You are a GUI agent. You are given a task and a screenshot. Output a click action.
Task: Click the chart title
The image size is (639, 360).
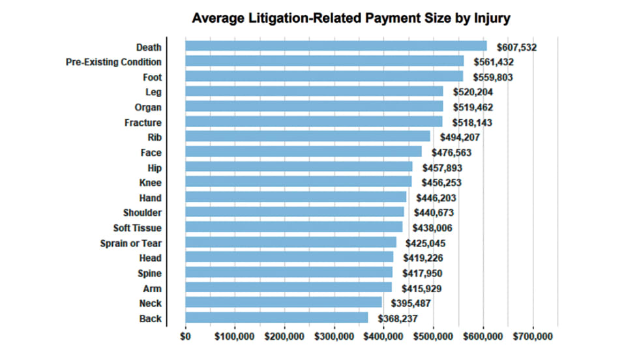click(351, 18)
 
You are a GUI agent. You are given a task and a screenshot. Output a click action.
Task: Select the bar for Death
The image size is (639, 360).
click(336, 46)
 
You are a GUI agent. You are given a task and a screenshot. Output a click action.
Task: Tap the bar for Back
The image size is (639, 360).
click(276, 318)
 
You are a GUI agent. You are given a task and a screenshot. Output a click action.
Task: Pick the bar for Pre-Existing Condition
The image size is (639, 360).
click(325, 61)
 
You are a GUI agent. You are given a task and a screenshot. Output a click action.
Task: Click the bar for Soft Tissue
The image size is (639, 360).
click(294, 228)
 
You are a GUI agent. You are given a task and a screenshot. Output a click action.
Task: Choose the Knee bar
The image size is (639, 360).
click(299, 183)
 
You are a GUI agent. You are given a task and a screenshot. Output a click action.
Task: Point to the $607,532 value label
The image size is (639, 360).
click(516, 47)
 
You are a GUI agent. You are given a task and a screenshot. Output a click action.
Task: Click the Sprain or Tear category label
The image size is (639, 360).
click(130, 243)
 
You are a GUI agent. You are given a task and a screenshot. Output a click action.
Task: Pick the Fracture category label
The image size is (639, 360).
click(143, 123)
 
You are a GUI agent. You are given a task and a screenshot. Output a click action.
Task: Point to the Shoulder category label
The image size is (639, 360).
click(142, 213)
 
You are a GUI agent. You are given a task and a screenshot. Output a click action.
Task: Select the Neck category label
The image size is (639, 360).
click(150, 303)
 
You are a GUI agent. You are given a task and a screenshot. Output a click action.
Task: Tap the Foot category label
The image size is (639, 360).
click(152, 77)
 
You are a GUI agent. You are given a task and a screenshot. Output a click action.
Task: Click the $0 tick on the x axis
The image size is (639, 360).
click(186, 337)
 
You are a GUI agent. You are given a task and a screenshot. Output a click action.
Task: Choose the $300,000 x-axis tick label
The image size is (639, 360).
click(334, 337)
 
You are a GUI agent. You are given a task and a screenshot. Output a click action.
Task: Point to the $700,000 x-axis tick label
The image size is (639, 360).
click(533, 337)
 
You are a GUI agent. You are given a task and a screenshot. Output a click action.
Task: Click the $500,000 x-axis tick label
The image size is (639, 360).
click(434, 337)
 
